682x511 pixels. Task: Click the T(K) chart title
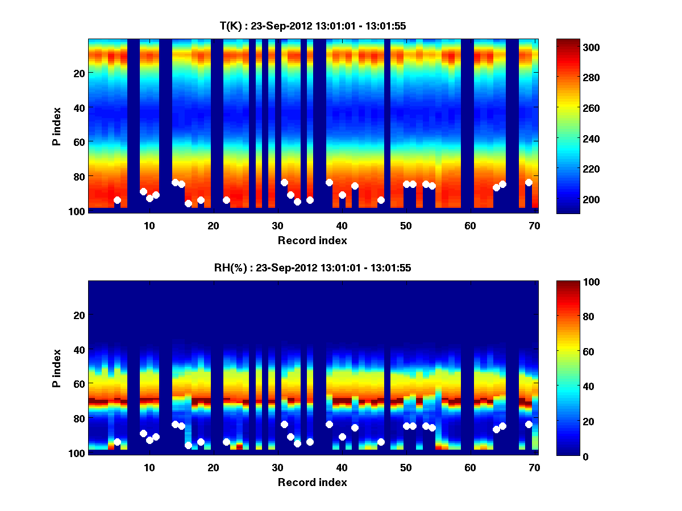[313, 26]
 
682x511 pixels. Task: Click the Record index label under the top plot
[313, 240]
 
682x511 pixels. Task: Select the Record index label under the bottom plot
[313, 482]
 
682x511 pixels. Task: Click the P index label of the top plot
[57, 126]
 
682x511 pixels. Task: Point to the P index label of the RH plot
[57, 368]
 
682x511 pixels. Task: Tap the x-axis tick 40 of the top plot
[342, 225]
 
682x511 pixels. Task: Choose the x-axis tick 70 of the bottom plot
[534, 467]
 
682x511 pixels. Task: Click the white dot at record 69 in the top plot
[529, 182]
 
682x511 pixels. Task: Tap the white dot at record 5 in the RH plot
[117, 442]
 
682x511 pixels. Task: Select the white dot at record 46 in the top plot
[381, 200]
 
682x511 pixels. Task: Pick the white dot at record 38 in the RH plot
[329, 424]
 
